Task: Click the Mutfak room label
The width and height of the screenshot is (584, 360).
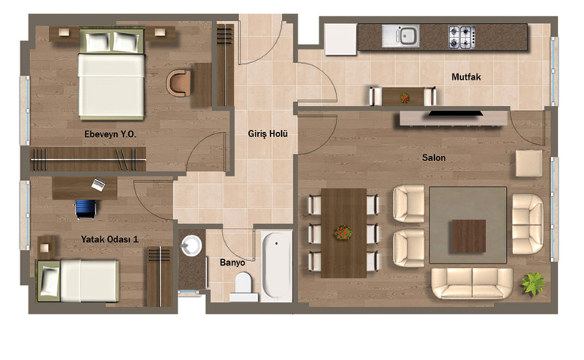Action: click(x=466, y=77)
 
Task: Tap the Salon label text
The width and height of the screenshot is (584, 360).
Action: click(x=433, y=157)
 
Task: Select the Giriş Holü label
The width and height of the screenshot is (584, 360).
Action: click(x=268, y=133)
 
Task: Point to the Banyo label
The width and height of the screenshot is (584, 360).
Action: click(x=232, y=262)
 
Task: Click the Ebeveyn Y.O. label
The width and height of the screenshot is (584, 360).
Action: click(x=110, y=134)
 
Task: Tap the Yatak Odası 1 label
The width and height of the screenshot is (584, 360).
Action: click(x=110, y=239)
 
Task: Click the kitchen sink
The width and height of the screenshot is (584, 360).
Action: click(x=400, y=36)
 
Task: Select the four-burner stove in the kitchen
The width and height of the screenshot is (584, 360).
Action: click(x=462, y=37)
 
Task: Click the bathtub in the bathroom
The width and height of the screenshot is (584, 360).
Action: click(x=277, y=265)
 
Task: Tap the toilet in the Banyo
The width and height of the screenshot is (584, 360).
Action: click(x=244, y=286)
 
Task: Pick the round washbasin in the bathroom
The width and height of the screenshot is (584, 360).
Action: click(x=191, y=245)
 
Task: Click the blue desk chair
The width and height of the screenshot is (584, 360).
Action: click(x=86, y=208)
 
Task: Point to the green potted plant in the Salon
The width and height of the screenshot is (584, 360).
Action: click(x=533, y=283)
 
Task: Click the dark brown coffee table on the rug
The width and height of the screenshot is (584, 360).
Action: click(x=469, y=236)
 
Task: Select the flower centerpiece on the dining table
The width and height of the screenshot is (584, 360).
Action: click(x=343, y=232)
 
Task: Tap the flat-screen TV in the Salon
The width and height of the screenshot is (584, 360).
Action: click(x=455, y=113)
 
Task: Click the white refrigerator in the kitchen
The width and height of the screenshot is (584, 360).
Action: click(x=340, y=40)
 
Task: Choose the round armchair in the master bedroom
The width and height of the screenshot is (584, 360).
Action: click(x=179, y=82)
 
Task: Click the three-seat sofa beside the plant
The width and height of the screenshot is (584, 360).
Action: click(x=472, y=283)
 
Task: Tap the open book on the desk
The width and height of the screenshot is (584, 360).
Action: click(x=99, y=184)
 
